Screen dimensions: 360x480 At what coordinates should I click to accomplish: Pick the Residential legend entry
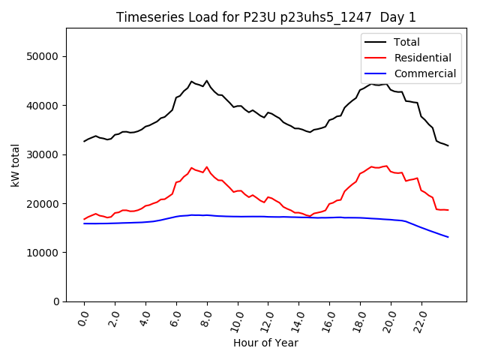pos(422,58)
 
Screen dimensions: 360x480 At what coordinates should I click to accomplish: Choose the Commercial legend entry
pos(424,73)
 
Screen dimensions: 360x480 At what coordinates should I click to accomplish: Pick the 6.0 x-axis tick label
pos(175,319)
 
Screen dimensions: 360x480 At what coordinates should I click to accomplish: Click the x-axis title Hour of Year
pos(265,343)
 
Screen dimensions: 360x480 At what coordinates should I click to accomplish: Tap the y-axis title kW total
pos(15,164)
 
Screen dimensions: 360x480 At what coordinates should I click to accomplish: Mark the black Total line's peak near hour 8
pos(207,81)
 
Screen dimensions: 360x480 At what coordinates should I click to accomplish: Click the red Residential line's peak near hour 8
pos(207,167)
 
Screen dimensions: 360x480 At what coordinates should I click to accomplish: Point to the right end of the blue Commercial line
pos(448,237)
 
